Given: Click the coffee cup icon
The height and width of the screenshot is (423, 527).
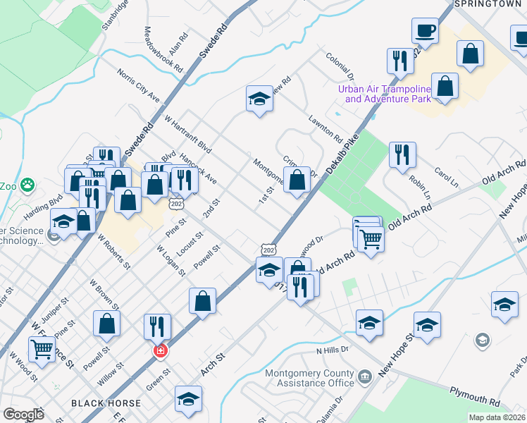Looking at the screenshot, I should point(426,31).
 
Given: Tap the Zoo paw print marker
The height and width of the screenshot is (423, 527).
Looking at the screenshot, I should point(27,186).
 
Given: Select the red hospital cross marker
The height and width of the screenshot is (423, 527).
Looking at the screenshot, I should point(161,350).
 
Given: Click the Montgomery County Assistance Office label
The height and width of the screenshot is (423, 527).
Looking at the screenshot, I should point(310,378).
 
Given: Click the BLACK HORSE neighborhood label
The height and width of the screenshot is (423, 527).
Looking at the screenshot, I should point(106,403).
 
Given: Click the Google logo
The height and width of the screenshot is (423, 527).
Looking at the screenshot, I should point(23,414).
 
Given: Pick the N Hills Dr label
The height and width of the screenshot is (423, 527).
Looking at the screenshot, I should point(333,350).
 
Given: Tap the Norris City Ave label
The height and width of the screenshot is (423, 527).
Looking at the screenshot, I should point(139,85).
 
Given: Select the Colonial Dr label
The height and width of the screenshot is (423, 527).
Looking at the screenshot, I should point(340,66).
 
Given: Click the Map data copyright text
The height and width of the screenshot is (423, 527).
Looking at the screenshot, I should point(497,417).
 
